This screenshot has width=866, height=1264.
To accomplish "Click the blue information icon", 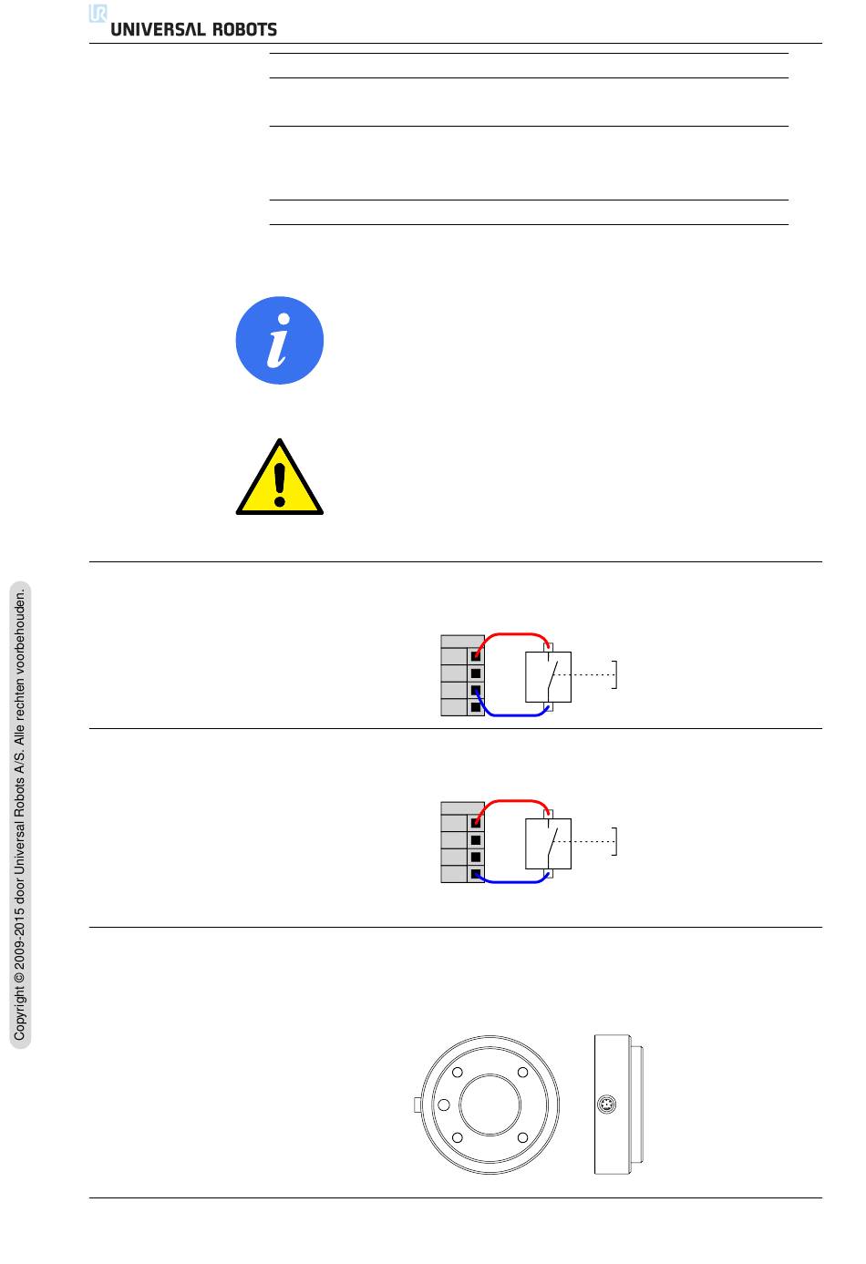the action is point(280,340).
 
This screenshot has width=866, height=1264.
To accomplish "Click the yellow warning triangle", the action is point(280,478).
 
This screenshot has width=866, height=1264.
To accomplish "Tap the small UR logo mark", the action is point(98,13).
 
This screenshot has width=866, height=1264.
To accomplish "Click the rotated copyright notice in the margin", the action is point(20,815).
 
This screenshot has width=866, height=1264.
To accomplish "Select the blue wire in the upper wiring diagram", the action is point(510,715).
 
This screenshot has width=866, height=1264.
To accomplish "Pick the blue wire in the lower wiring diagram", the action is point(510,881).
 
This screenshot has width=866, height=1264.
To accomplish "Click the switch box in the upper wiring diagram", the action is point(548,677).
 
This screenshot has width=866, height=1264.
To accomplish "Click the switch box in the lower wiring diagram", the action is point(548,844).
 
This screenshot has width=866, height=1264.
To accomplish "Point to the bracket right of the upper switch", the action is point(615,674).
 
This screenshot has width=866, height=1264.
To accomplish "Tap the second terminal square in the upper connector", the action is point(476,673).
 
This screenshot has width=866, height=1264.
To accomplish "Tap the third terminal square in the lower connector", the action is point(476,858).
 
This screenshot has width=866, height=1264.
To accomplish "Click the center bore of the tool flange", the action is point(490,1105).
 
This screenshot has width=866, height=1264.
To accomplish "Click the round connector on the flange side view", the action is point(606,1105).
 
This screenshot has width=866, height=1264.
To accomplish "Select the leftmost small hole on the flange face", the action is point(444,1105).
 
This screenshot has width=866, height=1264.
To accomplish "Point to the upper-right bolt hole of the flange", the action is point(522,1072).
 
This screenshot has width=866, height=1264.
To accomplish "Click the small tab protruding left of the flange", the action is point(418,1105).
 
